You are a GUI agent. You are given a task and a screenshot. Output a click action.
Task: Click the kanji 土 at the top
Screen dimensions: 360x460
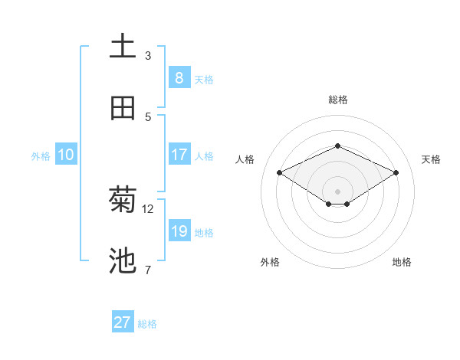123,46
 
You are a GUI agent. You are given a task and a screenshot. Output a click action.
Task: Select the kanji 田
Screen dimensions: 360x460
123,108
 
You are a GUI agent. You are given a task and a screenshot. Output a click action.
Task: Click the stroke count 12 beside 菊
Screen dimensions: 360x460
148,208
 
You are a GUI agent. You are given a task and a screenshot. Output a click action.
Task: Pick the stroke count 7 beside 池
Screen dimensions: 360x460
148,270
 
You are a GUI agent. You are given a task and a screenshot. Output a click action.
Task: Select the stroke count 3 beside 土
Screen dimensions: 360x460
148,55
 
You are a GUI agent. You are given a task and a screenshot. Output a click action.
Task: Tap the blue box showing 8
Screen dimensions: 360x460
179,77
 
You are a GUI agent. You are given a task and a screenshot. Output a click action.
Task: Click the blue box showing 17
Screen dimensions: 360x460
179,154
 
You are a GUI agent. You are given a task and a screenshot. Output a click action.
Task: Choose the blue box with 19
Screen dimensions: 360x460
179,231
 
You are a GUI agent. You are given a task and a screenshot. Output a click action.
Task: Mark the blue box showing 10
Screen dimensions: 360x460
65,154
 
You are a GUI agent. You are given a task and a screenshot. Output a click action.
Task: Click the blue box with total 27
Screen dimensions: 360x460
123,322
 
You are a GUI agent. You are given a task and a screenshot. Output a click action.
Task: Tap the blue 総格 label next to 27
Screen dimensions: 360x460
147,324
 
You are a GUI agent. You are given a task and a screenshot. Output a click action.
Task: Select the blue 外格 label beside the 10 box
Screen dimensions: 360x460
41,156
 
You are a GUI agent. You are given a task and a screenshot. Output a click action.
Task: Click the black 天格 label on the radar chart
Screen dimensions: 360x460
431,159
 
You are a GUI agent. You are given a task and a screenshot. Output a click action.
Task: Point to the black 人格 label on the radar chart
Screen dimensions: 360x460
245,159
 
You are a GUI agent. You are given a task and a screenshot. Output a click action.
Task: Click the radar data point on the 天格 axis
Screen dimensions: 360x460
396,173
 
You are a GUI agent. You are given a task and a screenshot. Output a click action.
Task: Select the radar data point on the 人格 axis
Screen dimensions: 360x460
279,173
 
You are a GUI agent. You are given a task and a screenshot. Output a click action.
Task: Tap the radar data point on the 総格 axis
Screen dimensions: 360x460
337,146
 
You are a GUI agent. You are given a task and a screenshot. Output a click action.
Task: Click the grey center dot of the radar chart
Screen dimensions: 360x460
337,191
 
